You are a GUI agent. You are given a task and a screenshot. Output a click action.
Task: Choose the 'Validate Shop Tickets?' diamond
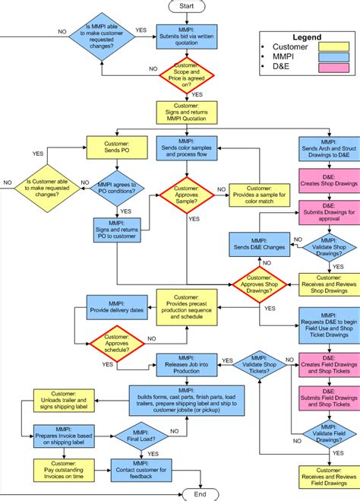pos(260,364)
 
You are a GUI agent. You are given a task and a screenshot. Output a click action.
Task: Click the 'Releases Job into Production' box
pos(187,364)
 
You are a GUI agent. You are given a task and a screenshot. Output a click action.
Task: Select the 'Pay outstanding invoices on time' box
pos(64,469)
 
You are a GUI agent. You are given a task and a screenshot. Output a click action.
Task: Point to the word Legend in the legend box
pos(307,36)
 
